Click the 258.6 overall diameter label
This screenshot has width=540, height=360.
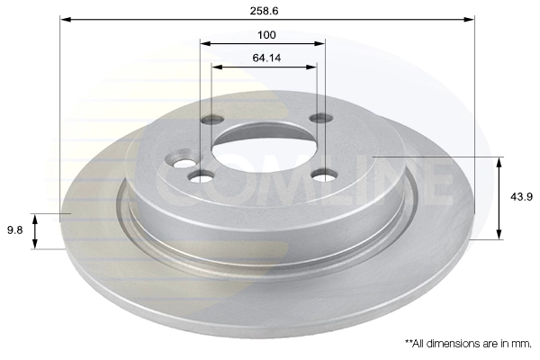(x=264, y=11)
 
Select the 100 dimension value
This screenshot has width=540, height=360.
(x=266, y=35)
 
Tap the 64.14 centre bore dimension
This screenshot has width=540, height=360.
(x=266, y=58)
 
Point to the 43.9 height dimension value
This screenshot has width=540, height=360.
(x=521, y=197)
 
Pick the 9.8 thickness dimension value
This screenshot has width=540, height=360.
(x=14, y=229)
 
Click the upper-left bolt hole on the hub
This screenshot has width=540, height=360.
(x=212, y=120)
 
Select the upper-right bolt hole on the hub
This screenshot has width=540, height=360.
(x=321, y=118)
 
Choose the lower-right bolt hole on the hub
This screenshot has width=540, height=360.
(x=324, y=175)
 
